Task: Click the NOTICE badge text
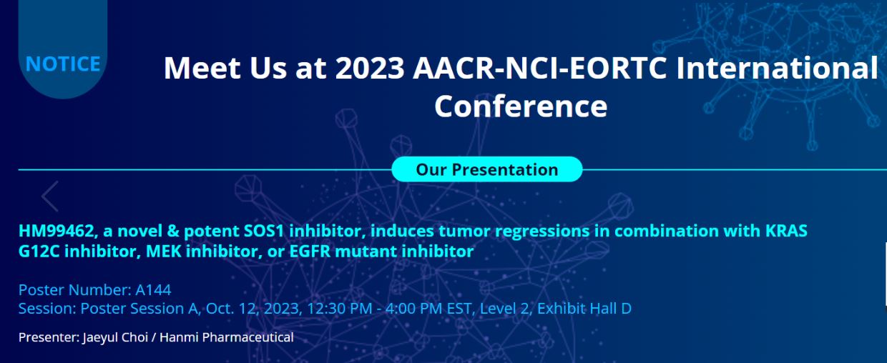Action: coord(62,64)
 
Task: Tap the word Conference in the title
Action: coord(521,106)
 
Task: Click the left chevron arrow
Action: coord(50,196)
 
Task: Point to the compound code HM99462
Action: coord(57,232)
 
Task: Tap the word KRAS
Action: coord(786,231)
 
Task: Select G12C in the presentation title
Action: coord(39,252)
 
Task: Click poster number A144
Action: coord(153,290)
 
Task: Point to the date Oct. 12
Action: coord(232,309)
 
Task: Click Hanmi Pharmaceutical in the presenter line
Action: coord(227,337)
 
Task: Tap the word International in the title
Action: coord(778,68)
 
